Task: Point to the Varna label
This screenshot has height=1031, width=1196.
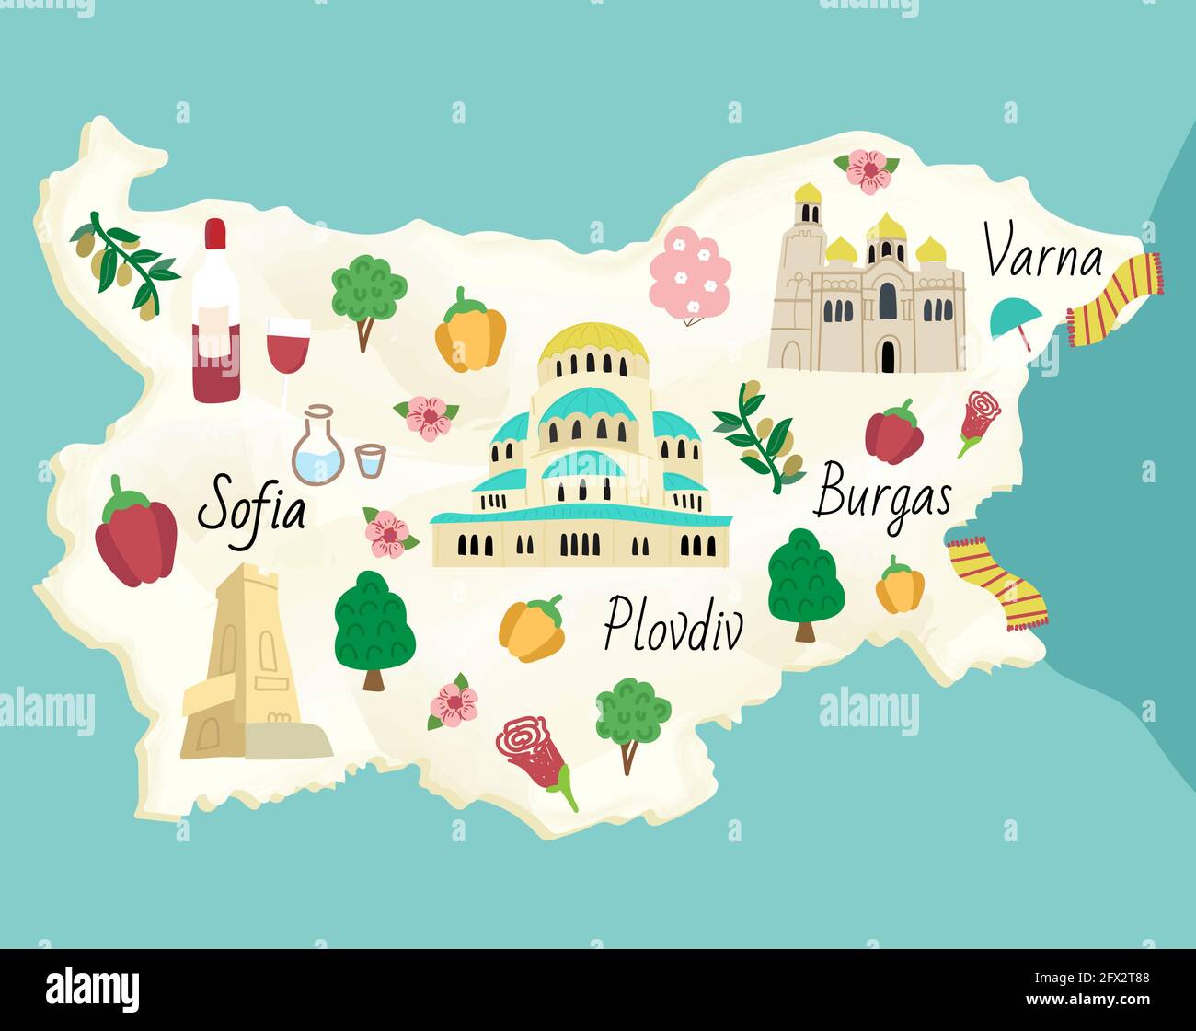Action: pos(1042,251)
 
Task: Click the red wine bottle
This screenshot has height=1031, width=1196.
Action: pos(216,313)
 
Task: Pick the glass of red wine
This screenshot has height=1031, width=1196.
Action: pos(288,350)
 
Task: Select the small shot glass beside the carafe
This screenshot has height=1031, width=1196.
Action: pos(370,460)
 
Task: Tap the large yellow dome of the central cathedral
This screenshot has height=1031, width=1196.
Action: pos(593,343)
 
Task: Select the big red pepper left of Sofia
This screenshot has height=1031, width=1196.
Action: pos(136,534)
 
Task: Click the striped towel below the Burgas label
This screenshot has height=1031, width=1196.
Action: pos(997,583)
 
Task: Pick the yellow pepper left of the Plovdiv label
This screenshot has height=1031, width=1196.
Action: pos(532,629)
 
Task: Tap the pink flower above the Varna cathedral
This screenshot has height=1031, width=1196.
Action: pos(867,170)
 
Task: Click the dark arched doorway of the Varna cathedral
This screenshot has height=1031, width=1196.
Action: pos(888,354)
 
